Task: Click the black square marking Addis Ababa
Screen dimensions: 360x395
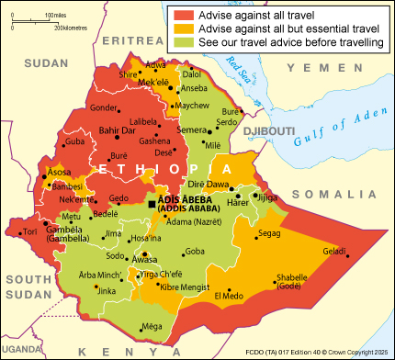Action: tap(152, 204)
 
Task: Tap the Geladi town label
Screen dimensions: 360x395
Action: tap(334, 251)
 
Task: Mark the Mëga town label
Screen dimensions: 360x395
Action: tap(152, 326)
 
